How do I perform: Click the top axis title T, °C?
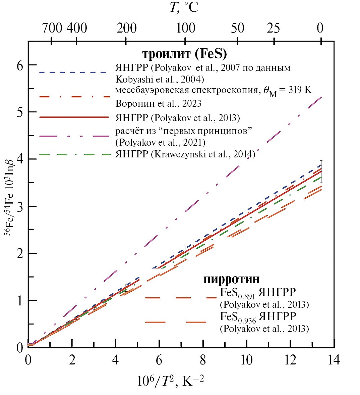coord(184,7)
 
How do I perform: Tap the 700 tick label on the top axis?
coord(52,28)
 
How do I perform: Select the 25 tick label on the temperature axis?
coord(274,28)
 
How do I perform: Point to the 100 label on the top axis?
coord(185,28)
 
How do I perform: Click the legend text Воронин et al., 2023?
coord(159,103)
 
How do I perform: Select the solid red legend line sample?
coord(74,117)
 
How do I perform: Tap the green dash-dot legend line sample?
coord(74,154)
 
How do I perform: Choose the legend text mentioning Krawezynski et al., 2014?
coord(185,154)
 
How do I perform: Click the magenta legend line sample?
coord(74,136)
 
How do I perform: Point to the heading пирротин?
coord(231,279)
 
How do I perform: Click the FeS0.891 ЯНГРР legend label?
coord(258,293)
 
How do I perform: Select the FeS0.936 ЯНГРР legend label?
coord(258,317)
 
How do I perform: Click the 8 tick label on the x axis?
coord(202,360)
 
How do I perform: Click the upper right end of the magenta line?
coord(321,97)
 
